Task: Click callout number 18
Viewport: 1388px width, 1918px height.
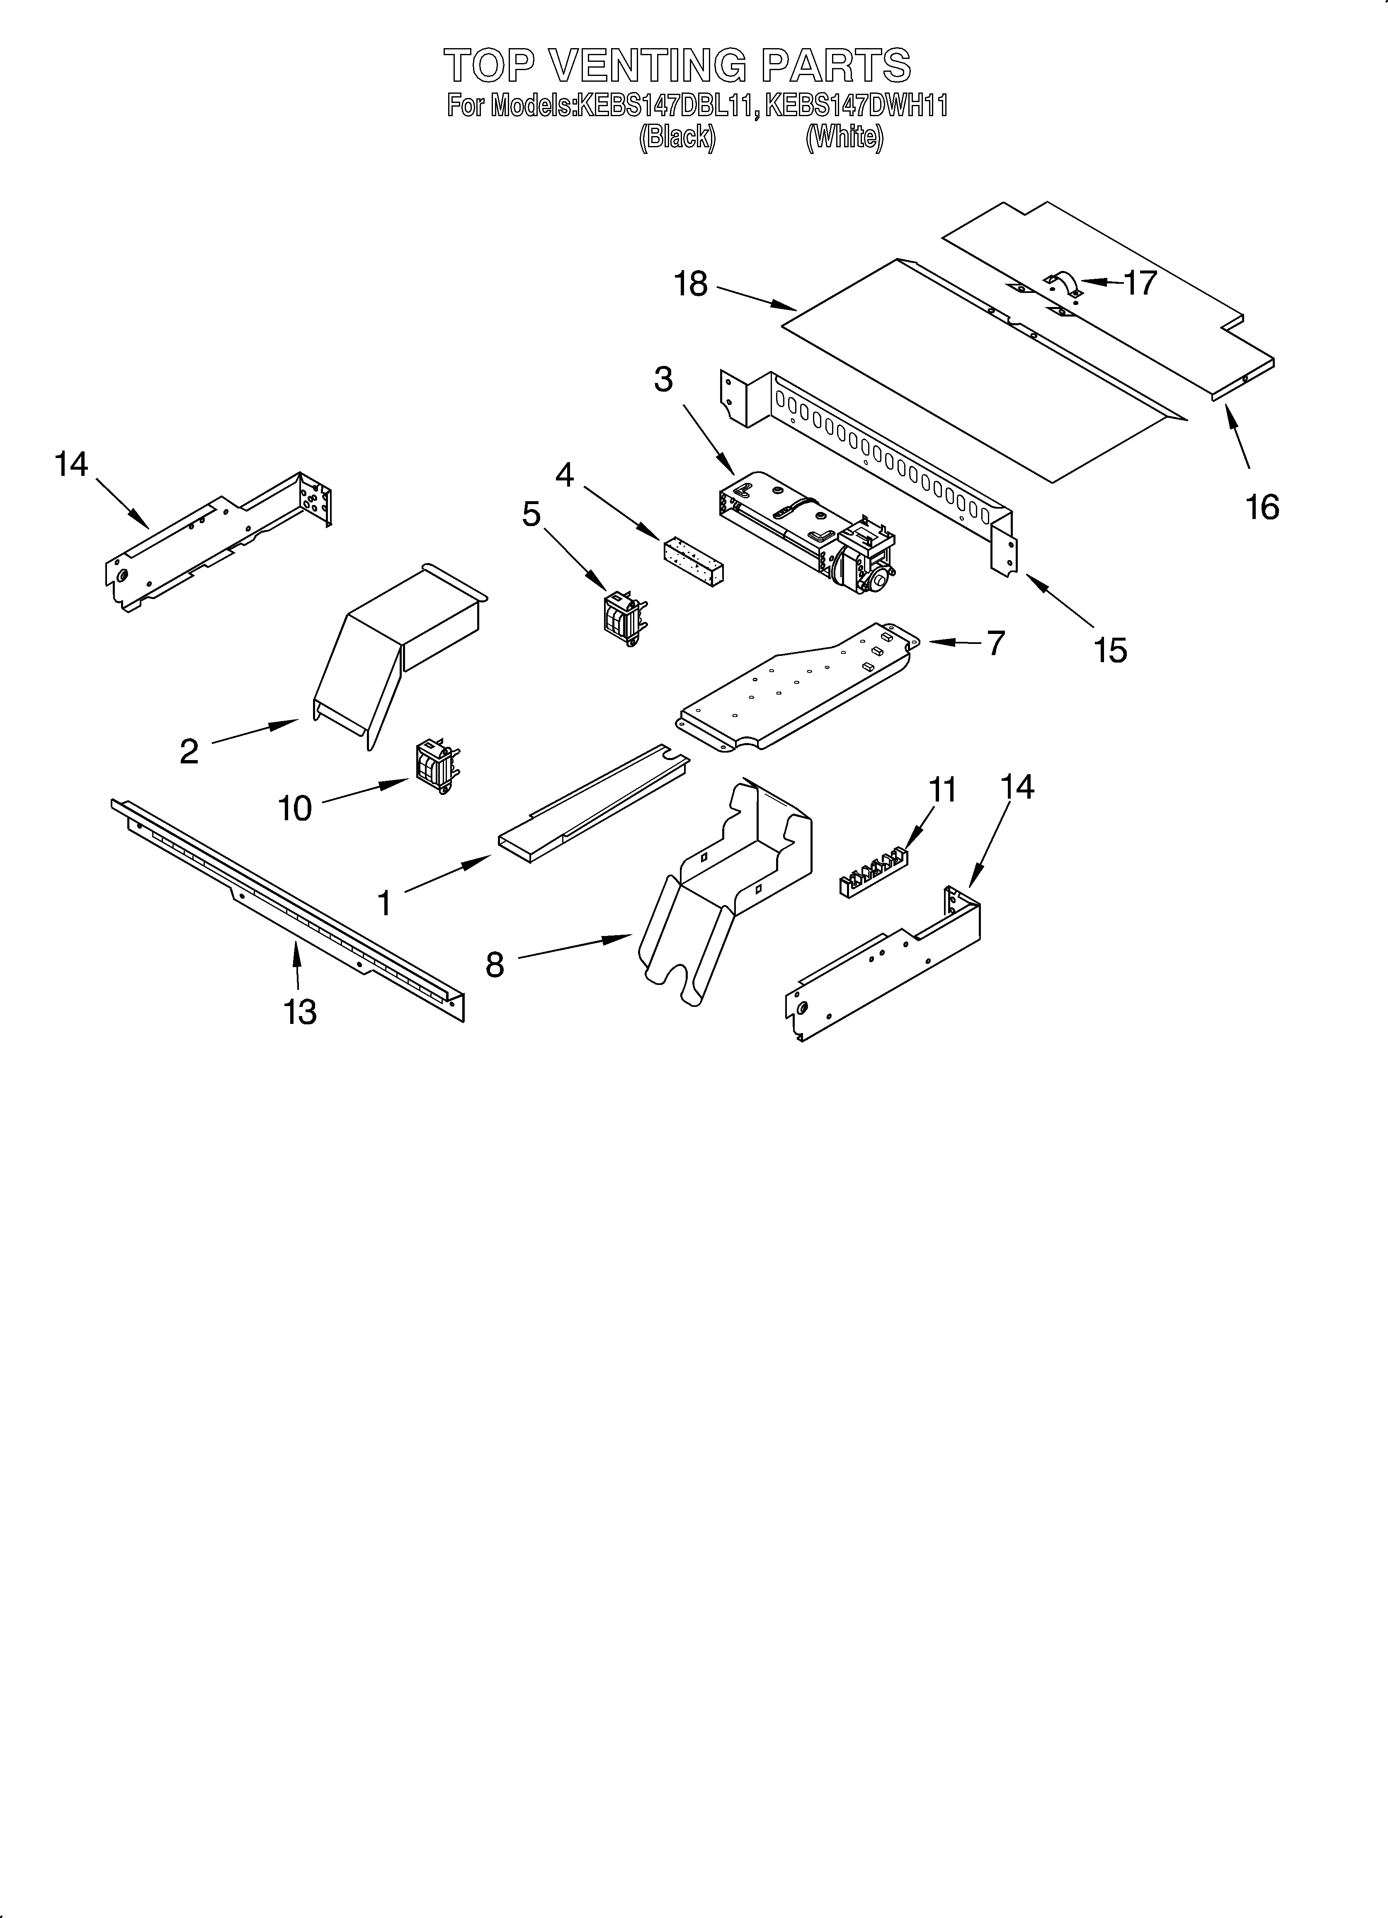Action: pos(691,284)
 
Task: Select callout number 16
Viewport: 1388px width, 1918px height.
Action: pos(1262,507)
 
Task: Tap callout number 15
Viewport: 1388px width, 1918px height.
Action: pos(1110,649)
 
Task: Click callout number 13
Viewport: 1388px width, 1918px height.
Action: pos(300,1011)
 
